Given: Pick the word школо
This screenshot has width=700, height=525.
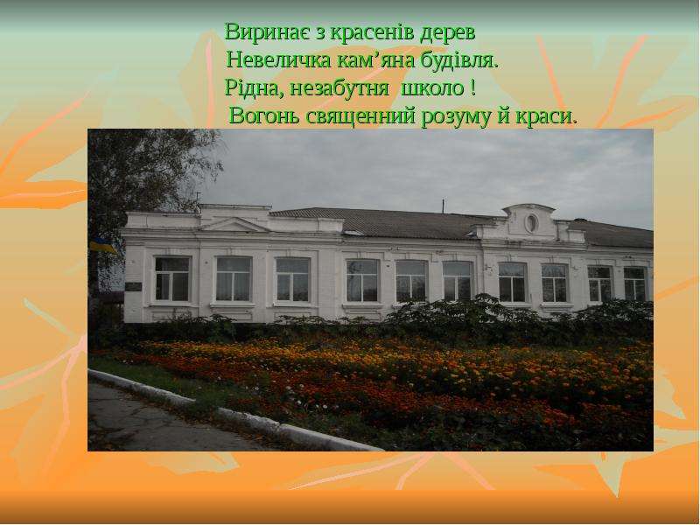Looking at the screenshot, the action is click(x=432, y=88).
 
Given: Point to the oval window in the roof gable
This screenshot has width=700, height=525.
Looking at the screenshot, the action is click(x=531, y=223).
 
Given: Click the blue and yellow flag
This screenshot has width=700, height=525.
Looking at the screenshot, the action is click(x=101, y=245).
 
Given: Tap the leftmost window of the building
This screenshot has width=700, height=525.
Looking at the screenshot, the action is click(x=172, y=278).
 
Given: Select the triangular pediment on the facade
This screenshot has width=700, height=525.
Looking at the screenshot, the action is click(x=234, y=226).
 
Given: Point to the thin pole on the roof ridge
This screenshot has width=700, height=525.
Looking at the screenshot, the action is click(x=443, y=206).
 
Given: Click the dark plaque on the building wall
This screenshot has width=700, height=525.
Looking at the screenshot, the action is click(x=134, y=287).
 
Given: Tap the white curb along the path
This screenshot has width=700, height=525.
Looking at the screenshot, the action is click(x=232, y=410).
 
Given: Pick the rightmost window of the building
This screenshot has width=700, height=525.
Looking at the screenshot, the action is click(x=635, y=283).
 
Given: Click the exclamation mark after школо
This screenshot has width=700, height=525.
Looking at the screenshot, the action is click(x=472, y=88).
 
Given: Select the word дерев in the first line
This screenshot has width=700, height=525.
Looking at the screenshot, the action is click(x=448, y=33).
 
